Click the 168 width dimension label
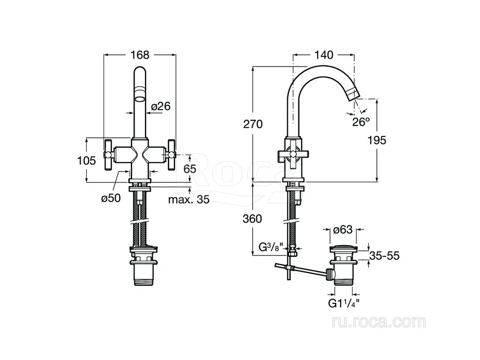pos(140,55)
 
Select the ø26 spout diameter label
pos(161,106)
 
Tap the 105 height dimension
pos(86,160)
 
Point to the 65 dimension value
pos(190,169)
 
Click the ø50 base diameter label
pos(111,198)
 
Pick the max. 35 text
pos(189,200)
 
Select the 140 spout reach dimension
pos(324,55)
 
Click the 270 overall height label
pos(253,124)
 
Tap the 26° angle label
pos(361,122)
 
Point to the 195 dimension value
pos(377,140)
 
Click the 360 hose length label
pos(252,218)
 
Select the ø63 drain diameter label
pos(343,229)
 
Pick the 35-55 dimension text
pos(384,255)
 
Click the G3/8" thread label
pos(269,247)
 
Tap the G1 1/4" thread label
pos(344,303)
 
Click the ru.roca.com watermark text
pos(379,322)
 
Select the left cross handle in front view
pos(109,155)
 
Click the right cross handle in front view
pos(172,155)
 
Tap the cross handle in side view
pos(293,155)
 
